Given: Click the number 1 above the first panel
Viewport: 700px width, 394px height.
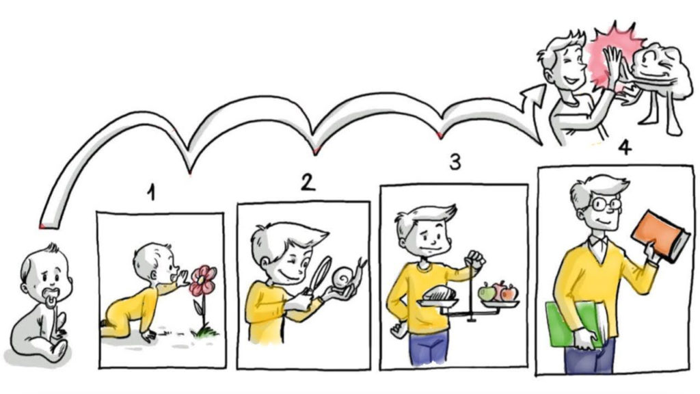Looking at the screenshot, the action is [x=152, y=193].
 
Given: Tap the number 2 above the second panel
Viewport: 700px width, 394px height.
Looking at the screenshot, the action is [x=308, y=182].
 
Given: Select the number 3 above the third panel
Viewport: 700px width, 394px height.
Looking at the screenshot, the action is [x=455, y=161].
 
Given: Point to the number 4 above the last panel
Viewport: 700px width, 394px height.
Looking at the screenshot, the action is [x=624, y=146].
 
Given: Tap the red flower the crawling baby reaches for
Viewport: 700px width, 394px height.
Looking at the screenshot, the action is [x=202, y=280].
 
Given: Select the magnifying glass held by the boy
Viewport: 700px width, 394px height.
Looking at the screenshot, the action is [x=319, y=276].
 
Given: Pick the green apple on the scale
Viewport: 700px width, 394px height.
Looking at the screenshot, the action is [x=487, y=293].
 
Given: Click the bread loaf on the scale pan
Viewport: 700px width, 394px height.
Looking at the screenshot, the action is [x=440, y=293].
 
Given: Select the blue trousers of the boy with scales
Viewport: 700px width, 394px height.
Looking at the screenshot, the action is [x=429, y=347].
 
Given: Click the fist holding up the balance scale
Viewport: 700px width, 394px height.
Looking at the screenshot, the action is [x=475, y=259].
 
